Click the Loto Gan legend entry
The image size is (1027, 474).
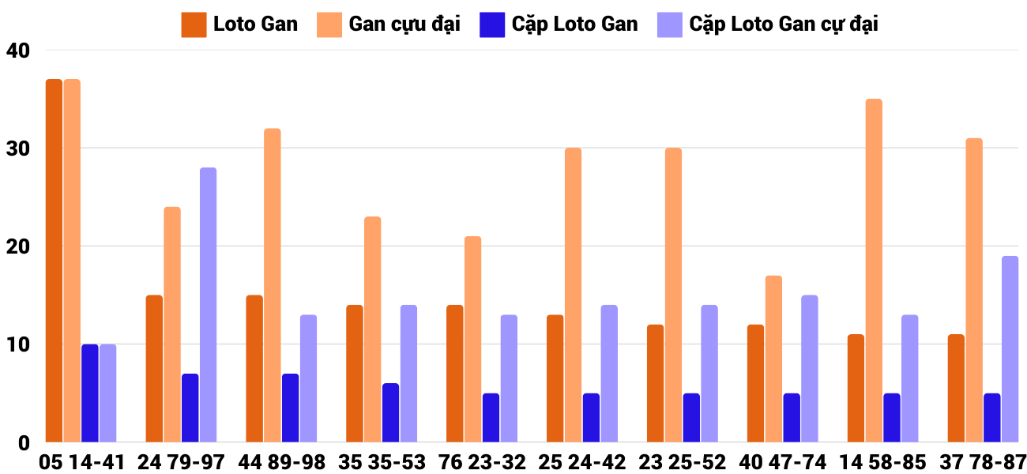coord(240,24)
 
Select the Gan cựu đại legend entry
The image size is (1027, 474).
coord(389,24)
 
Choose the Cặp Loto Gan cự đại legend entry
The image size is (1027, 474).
coord(767,24)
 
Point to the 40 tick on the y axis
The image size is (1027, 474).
coord(17,51)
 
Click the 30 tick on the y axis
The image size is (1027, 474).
coord(17,149)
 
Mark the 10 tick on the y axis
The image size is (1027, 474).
coord(17,344)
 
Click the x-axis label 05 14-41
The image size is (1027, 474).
coord(82,461)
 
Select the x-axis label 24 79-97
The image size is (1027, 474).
coord(182,461)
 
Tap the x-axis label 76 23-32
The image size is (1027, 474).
coord(483,461)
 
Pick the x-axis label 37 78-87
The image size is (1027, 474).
coord(984,461)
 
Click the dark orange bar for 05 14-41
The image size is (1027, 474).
coord(54,261)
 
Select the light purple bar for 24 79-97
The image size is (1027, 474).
coord(208,305)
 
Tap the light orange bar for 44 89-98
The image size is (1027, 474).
coord(272,285)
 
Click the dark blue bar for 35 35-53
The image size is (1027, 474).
coord(390,412)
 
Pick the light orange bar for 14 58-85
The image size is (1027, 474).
coord(874,270)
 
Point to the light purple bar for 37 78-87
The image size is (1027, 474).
coord(1010,349)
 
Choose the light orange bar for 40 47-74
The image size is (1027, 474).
coord(773,359)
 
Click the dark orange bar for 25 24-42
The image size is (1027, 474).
coord(555,378)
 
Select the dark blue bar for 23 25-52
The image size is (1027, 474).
coord(691,417)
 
